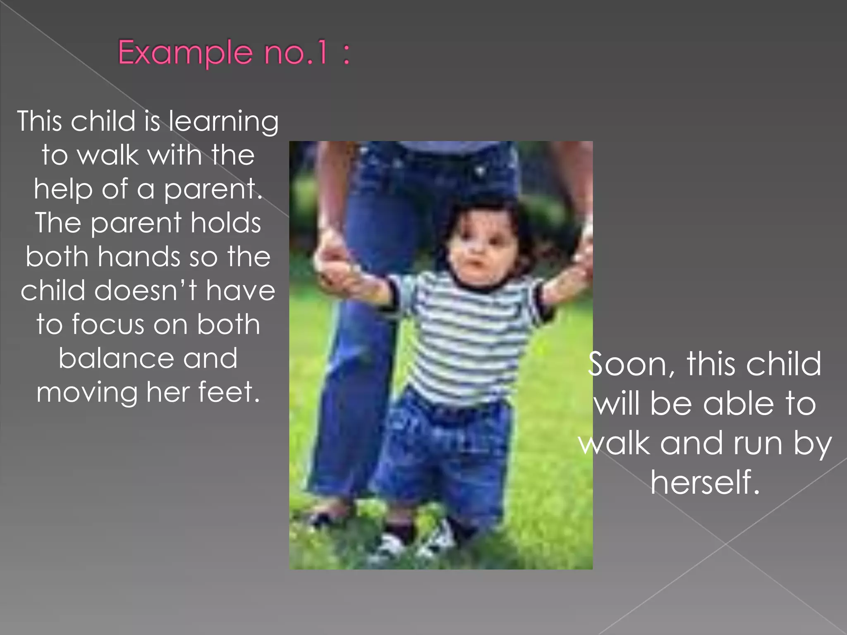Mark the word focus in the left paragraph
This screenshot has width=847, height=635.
tap(109, 324)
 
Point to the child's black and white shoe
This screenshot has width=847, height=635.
tap(438, 537)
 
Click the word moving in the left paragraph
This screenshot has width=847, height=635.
tap(87, 392)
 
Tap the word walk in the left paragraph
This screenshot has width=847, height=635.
tap(108, 156)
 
